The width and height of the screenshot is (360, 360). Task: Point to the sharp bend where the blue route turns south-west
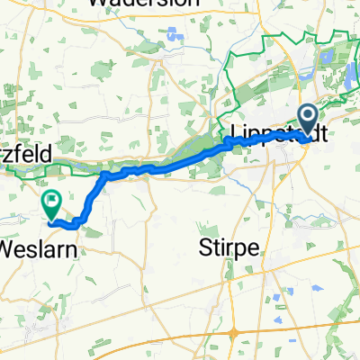[x=105, y=175]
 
